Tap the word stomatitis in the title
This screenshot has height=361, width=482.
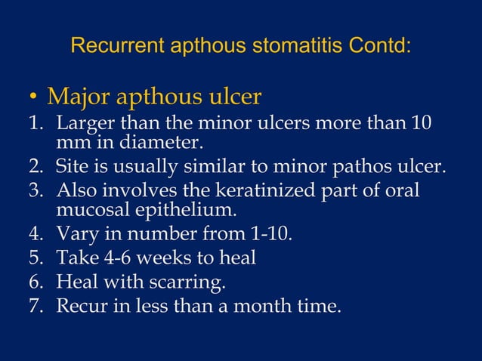coord(290,46)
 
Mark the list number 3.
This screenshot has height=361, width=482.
coord(34,189)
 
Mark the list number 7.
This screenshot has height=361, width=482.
coord(34,306)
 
